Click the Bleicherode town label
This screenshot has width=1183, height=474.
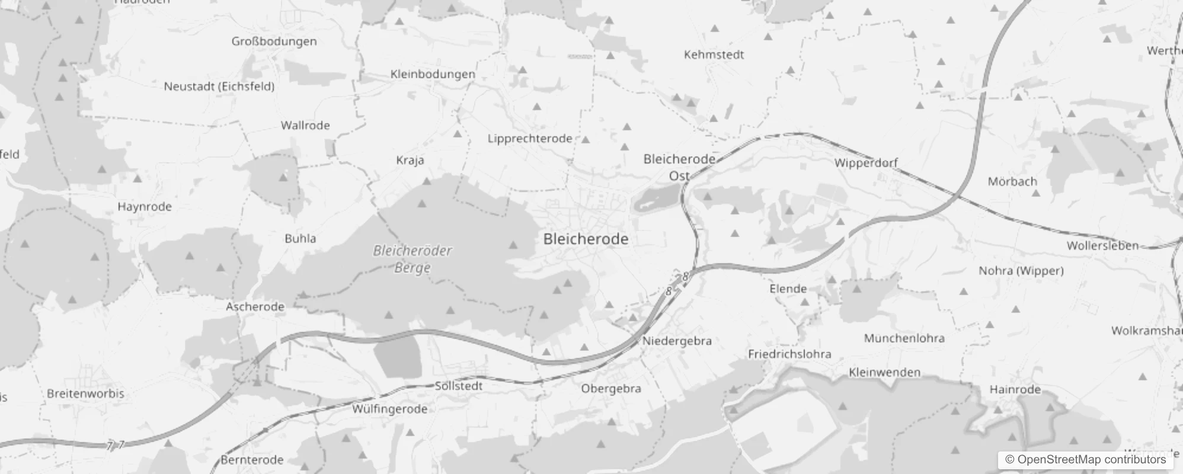(586, 239)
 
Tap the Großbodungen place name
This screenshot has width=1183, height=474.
(274, 41)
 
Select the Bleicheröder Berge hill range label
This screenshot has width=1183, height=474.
(413, 259)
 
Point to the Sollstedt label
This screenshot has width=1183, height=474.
(459, 386)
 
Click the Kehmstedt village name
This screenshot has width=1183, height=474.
(714, 55)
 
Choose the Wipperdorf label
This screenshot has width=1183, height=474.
(866, 162)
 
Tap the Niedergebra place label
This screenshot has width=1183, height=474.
(677, 341)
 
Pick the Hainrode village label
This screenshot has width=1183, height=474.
(1015, 389)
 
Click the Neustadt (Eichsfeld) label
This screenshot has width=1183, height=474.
(219, 87)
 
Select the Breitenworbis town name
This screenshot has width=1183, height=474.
(85, 393)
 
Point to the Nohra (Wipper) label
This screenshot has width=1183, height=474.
(1021, 271)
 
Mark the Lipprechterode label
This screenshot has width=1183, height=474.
(530, 139)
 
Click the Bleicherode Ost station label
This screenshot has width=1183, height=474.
(679, 167)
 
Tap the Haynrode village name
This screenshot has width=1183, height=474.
(145, 207)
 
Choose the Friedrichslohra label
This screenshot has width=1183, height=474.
(789, 354)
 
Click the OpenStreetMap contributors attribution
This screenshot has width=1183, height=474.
(1085, 460)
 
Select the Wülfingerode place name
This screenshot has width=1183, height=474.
(389, 409)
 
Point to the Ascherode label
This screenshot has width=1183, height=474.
(255, 307)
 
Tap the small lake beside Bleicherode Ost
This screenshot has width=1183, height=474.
(656, 197)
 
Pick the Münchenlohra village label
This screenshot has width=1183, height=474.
(904, 338)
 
